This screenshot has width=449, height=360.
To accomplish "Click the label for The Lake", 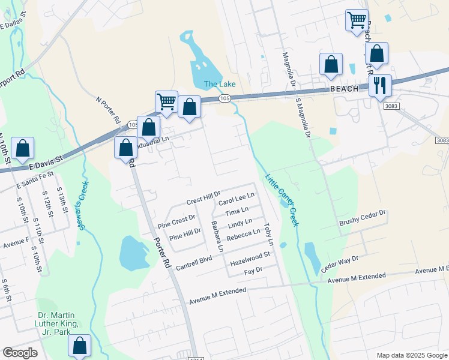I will pyautogui.click(x=220, y=84).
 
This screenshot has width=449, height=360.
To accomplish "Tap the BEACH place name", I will pyautogui.click(x=344, y=89).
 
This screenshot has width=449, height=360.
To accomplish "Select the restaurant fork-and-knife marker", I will pyautogui.click(x=379, y=85).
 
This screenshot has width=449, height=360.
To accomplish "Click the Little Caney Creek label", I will pyautogui.click(x=282, y=200).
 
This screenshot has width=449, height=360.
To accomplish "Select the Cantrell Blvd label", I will pyautogui.click(x=194, y=258).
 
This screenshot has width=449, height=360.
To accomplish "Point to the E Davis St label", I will pyautogui.click(x=46, y=161).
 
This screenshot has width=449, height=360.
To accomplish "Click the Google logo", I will pyautogui.click(x=20, y=353).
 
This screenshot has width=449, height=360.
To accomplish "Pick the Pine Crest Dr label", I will pyautogui.click(x=176, y=221).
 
